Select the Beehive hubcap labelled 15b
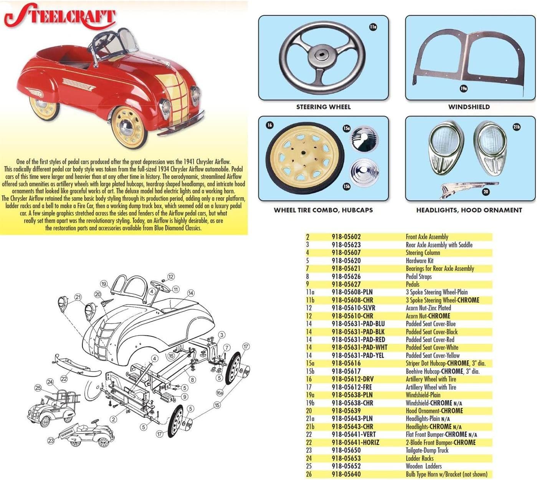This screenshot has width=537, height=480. point(364,172)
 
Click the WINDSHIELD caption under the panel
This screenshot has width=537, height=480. point(469,107)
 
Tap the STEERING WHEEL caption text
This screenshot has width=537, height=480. point(323,107)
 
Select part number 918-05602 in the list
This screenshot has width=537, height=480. point(346,237)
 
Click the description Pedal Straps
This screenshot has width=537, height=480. point(419,277)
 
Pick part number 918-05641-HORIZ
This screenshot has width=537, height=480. point(355,442)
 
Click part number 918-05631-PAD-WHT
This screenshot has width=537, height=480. point(359,347)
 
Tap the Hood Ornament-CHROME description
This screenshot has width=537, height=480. point(435,411)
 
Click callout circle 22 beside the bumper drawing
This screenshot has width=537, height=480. point(64,379)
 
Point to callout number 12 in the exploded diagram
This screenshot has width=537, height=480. point(171,277)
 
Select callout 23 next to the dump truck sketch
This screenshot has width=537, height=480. point(51,441)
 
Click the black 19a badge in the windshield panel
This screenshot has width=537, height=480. point(463,89)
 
